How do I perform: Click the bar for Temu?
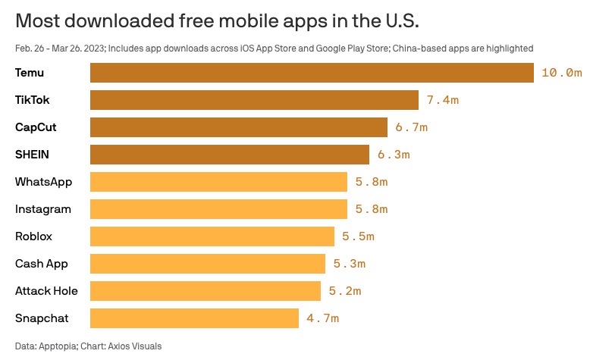(312, 73)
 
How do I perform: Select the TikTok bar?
(254, 100)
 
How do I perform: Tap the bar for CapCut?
(239, 127)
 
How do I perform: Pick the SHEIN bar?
(230, 155)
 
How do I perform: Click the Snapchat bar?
(194, 318)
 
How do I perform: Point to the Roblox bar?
(212, 236)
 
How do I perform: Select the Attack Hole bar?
(206, 291)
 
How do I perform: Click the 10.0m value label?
(561, 73)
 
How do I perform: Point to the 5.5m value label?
(358, 236)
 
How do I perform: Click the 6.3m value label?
(394, 155)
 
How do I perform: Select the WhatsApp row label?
(42, 182)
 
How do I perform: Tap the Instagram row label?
(43, 209)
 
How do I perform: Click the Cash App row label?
(42, 264)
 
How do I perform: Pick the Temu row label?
(28, 73)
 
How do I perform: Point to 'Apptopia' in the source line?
(58, 346)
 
